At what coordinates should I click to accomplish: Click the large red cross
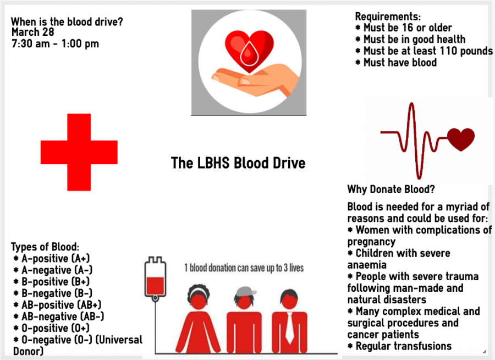point(79,152)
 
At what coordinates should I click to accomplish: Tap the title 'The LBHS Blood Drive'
point(238,163)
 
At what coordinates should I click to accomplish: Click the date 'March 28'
point(33,32)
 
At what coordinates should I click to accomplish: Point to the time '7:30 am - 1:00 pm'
point(55,43)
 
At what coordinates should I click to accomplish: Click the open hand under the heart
point(255,80)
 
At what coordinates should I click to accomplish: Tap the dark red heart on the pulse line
point(461,140)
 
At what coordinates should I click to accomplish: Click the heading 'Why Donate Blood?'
point(391,189)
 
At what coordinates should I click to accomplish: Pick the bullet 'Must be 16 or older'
point(404,28)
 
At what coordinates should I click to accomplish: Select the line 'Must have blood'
point(396,63)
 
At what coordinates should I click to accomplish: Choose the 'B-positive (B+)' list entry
point(52,282)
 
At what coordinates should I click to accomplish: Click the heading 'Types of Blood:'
point(45,247)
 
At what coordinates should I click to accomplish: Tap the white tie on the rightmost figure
point(289,328)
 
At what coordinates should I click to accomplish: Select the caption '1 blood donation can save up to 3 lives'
point(244,268)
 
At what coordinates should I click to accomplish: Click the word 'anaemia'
point(367,265)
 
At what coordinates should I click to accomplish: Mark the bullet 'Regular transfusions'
point(399,346)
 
